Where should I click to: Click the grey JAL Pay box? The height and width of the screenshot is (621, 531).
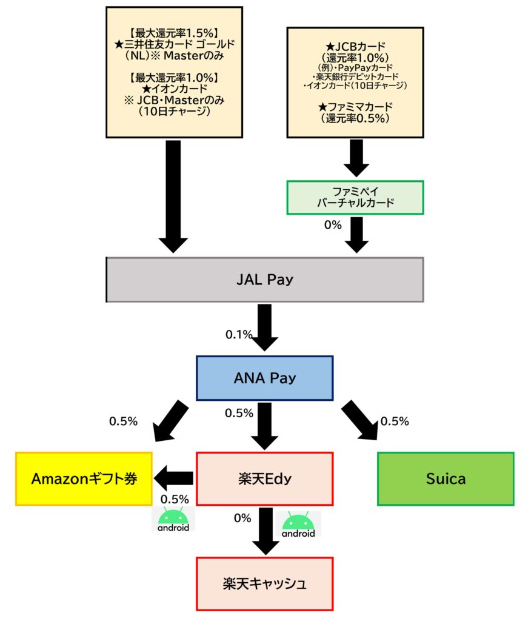tap(264, 280)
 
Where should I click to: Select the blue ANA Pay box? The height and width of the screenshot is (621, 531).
tap(264, 378)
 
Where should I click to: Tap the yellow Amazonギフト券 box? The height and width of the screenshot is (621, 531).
tap(84, 478)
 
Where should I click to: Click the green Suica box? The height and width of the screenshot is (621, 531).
tap(446, 478)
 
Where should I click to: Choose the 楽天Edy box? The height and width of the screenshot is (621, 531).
tap(264, 478)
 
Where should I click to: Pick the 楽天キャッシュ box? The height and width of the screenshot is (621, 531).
tap(264, 584)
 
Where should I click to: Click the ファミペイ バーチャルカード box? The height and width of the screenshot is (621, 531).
tap(355, 197)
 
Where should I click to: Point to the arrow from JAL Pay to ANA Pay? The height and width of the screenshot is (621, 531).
tap(264, 328)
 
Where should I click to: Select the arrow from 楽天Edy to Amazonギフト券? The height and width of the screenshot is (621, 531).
tap(173, 478)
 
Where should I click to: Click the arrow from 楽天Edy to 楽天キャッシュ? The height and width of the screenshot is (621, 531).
tap(265, 531)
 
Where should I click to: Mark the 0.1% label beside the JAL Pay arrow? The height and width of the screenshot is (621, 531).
tap(239, 334)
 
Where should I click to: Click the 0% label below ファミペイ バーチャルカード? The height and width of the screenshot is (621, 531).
tap(333, 225)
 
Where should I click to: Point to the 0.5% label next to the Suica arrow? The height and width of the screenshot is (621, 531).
tap(395, 421)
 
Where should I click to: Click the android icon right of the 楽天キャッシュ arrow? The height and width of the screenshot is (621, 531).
tap(298, 525)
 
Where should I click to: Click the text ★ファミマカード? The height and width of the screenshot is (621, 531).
tap(355, 108)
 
